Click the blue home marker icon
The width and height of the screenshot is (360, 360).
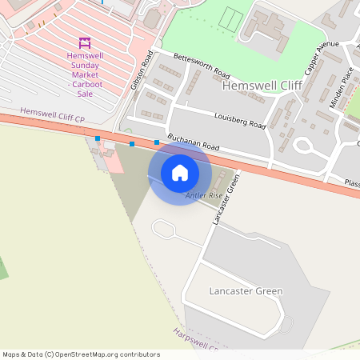180,173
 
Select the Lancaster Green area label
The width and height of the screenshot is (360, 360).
245,291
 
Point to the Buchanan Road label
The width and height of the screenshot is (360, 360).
193,142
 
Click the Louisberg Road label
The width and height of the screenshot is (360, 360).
240,121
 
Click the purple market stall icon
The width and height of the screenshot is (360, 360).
85,42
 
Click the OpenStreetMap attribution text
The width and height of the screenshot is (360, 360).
81,354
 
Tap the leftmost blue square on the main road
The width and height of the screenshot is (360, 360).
98,138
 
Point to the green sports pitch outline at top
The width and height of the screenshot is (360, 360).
232,17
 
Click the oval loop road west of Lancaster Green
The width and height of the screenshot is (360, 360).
164,231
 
